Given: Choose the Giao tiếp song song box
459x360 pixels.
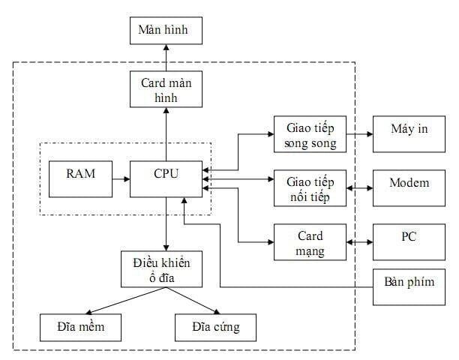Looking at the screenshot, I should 310,134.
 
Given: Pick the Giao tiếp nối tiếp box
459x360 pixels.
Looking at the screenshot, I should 310,187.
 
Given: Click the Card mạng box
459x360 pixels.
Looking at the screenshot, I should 310,242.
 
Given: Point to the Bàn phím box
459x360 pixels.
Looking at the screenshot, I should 408,286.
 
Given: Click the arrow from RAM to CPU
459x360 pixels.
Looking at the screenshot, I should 118,178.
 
